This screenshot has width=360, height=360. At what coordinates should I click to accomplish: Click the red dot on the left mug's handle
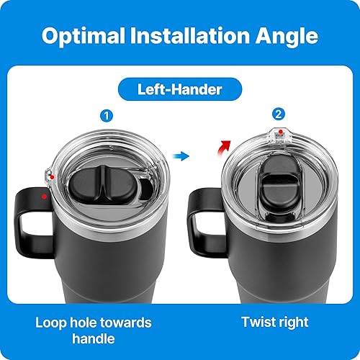click(x=45, y=194)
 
